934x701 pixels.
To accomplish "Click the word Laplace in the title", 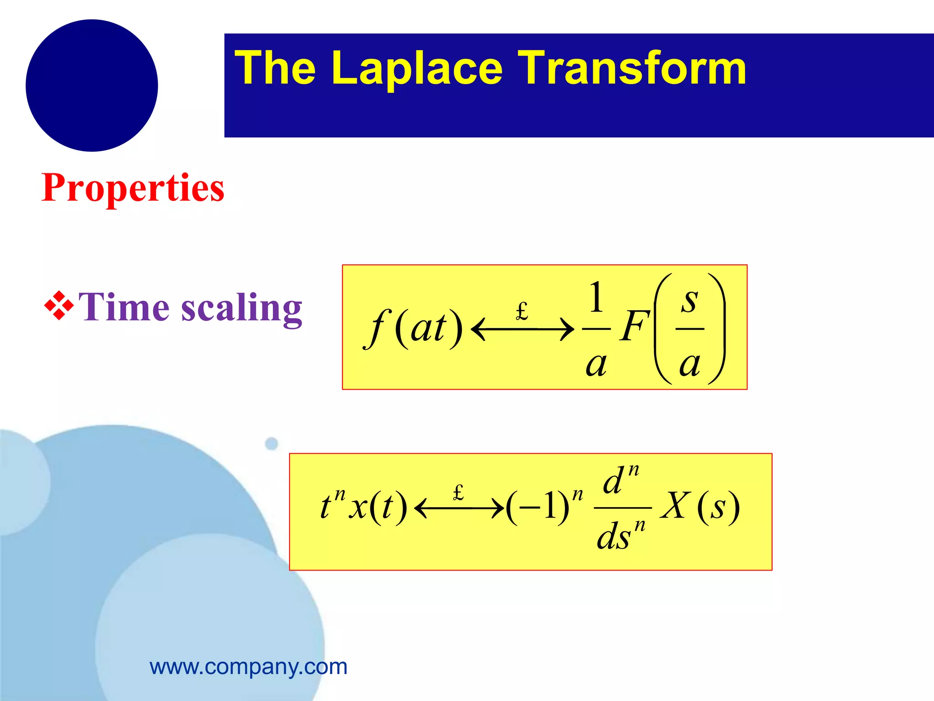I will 417,68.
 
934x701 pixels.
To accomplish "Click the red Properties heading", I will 133,188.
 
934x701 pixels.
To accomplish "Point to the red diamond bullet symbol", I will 59,305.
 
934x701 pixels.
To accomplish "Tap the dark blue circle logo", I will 92,85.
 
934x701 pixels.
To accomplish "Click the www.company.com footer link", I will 249,667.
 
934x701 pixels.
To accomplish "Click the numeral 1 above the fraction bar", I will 597,298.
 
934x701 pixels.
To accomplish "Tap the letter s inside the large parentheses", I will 690,301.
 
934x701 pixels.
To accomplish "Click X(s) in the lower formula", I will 700,507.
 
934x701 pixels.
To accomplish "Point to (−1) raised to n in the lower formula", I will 543,507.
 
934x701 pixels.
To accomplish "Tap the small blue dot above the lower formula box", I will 271,443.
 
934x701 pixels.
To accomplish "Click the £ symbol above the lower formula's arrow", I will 458,492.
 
